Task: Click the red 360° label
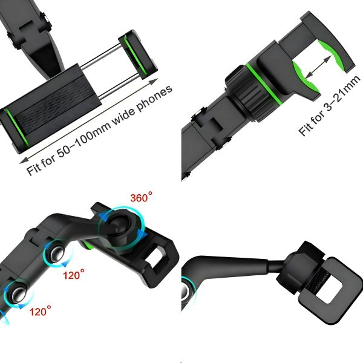141,197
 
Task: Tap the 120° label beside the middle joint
74,275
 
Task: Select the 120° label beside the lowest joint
41,311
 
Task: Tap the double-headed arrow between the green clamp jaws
318,67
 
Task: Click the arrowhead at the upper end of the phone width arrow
154,82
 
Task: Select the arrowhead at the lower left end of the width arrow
24,160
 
